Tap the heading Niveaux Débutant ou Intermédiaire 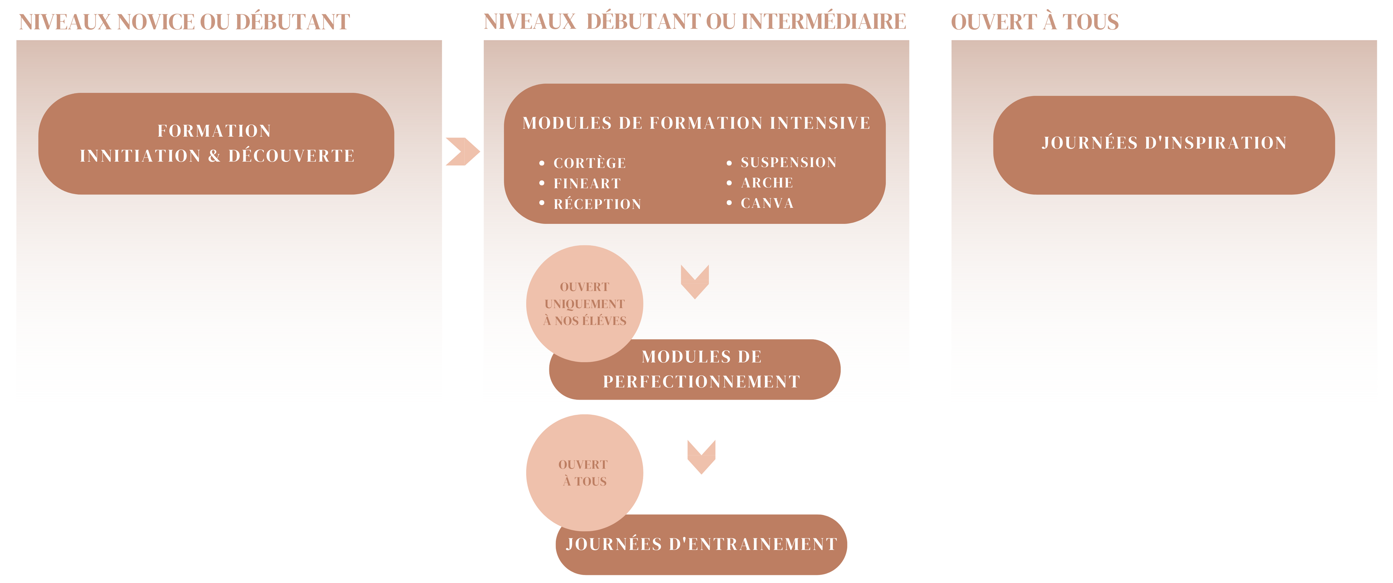695,22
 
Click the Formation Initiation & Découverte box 216,143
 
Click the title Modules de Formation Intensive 696,123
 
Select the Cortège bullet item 589,163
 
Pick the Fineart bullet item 587,183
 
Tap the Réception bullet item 597,204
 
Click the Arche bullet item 767,183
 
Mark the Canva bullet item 767,203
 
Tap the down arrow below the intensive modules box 695,281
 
